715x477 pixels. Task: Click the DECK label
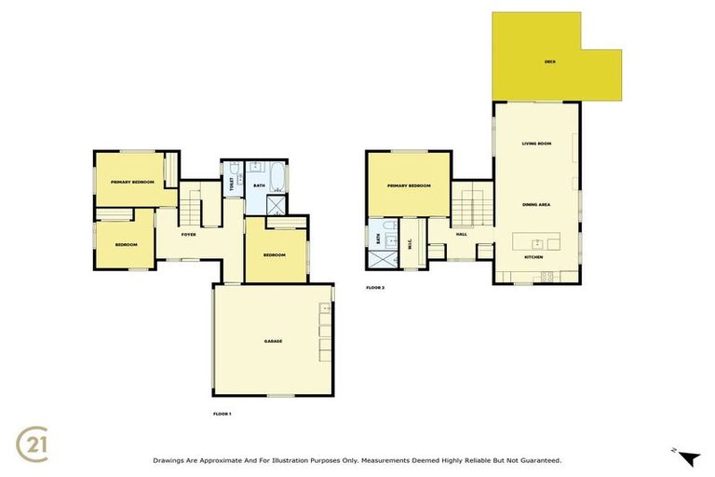coord(549,62)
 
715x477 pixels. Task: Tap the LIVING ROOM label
coord(536,143)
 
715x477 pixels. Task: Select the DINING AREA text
coord(536,202)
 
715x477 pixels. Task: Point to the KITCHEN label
coord(533,256)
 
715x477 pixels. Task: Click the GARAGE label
coord(273,341)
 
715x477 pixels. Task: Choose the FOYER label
coord(187,234)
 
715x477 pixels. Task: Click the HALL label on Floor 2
coord(461,234)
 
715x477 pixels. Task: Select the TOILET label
coord(231,184)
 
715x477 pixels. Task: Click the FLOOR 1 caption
coord(222,412)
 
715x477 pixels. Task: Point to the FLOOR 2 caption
coord(375,288)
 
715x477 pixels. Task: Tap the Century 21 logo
coord(34,443)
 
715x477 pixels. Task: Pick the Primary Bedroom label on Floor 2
coord(409,186)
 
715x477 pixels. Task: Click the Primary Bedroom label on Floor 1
coord(131,182)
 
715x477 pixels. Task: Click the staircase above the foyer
coord(193,198)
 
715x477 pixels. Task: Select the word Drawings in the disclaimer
coord(168,460)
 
